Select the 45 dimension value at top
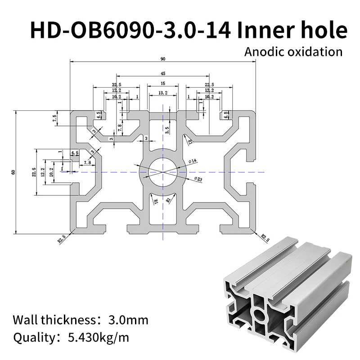pyautogui.click(x=163, y=73)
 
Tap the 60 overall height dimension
pyautogui.click(x=13, y=172)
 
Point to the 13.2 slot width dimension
pyautogui.click(x=163, y=93)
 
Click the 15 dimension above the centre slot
pyautogui.click(x=163, y=83)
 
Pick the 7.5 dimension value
pyautogui.click(x=54, y=119)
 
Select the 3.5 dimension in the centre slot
pyautogui.click(x=167, y=130)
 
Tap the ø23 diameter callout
pyautogui.click(x=198, y=179)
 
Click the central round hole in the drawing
pyautogui.click(x=163, y=172)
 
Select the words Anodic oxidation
pyautogui.click(x=293, y=51)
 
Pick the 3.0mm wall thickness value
pyautogui.click(x=128, y=320)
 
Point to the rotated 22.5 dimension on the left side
pyautogui.click(x=33, y=172)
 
